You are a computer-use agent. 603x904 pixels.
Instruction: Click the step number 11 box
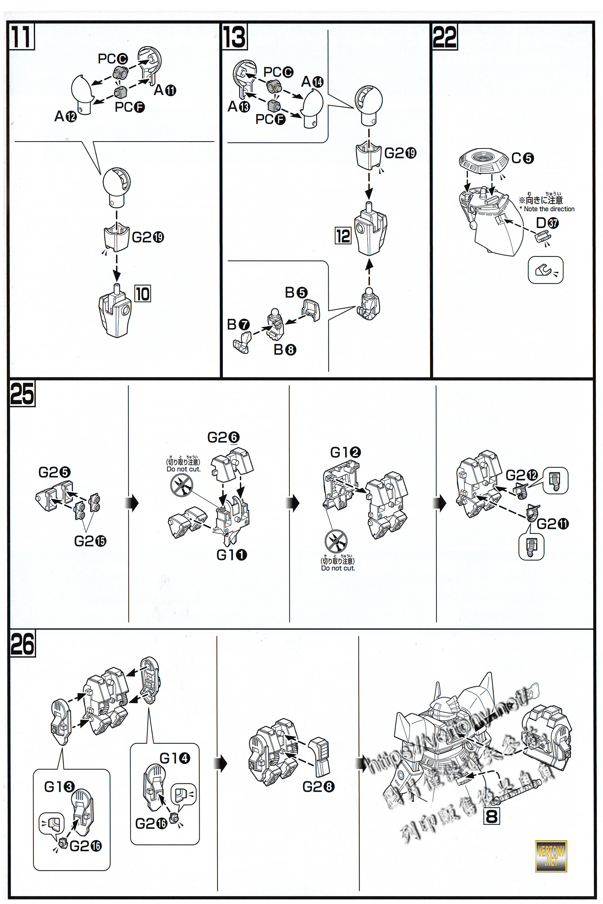[x=21, y=37]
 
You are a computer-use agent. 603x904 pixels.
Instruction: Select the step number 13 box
[x=234, y=37]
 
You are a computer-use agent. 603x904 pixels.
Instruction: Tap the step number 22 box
[x=445, y=37]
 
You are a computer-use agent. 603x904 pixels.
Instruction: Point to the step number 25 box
[x=22, y=394]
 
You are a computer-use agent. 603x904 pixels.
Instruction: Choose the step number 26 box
[x=22, y=643]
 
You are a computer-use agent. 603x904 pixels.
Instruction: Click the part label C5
[x=522, y=158]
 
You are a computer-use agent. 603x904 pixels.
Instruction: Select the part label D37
[x=547, y=223]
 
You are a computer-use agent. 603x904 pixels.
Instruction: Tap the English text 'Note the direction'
[x=549, y=209]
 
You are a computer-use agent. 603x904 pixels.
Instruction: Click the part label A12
[x=65, y=116]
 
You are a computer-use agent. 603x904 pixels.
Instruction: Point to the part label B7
[x=238, y=325]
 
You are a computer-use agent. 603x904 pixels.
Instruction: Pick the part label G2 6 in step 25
[x=223, y=437]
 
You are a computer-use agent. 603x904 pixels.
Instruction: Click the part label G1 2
[x=345, y=452]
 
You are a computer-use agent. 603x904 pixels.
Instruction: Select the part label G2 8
[x=318, y=787]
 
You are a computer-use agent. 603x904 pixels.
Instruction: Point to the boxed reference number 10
[x=142, y=294]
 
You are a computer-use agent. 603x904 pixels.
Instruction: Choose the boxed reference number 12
[x=343, y=236]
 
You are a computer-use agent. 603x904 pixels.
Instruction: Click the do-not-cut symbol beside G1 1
[x=182, y=485]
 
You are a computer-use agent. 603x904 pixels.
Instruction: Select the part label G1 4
[x=174, y=758]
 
